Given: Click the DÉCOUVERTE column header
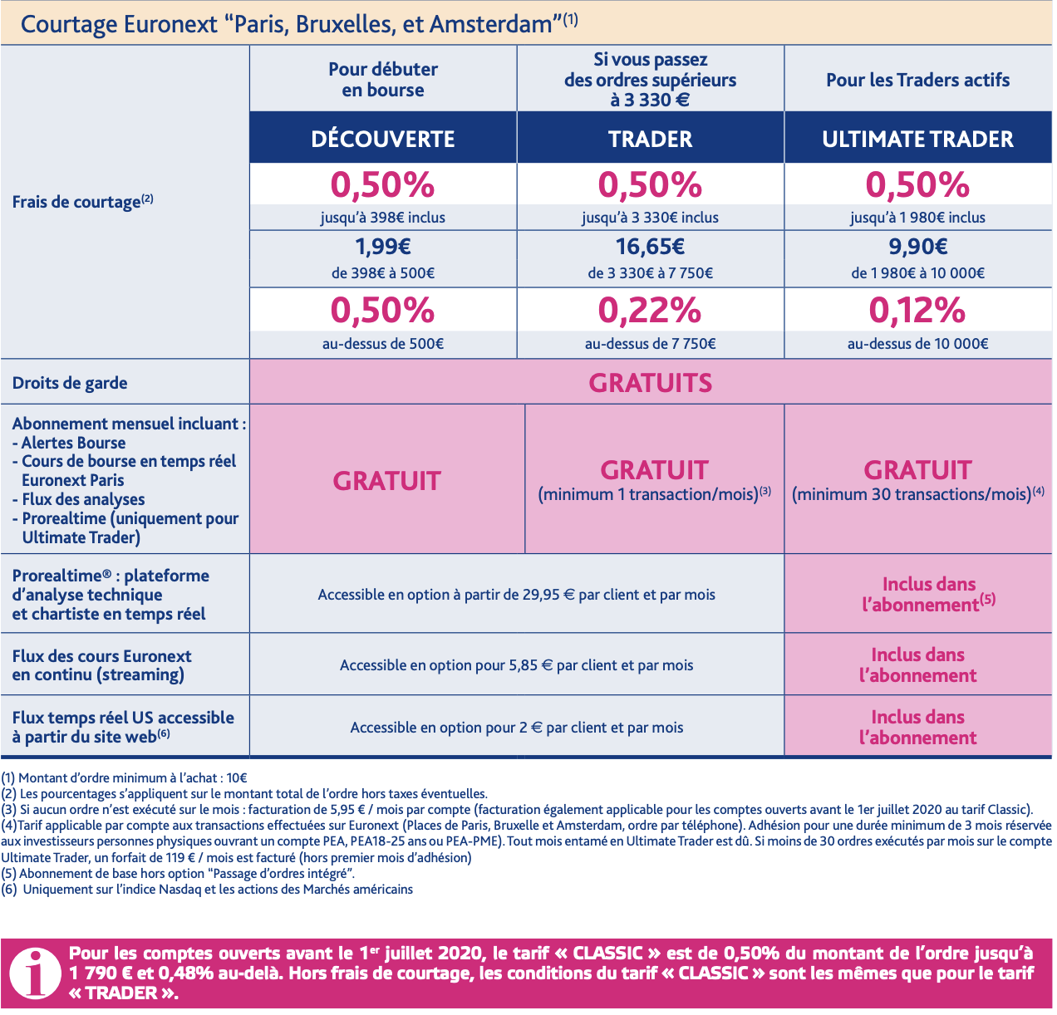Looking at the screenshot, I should point(383,139).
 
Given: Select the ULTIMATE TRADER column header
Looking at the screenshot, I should point(917,139).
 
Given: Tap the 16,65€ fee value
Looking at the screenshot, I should point(650,247).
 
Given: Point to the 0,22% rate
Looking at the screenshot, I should point(650,311).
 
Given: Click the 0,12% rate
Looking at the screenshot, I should point(917,311).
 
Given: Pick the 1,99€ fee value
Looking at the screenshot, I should point(383,247).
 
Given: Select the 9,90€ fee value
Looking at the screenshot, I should point(917,247).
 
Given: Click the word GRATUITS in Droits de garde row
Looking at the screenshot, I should point(650,383).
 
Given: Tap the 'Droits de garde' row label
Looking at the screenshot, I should point(70,383).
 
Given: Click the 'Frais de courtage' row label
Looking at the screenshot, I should point(82,202).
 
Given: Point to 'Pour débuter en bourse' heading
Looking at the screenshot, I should point(383,80).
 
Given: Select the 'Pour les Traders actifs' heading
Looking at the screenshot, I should point(917,80).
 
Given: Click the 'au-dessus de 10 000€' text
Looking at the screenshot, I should point(917,344).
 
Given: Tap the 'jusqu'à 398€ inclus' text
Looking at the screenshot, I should point(383,218).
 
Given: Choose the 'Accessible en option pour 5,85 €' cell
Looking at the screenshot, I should point(516,665).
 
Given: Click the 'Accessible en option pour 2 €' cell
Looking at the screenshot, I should point(516,728).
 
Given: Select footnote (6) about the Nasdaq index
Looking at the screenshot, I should point(207,890).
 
